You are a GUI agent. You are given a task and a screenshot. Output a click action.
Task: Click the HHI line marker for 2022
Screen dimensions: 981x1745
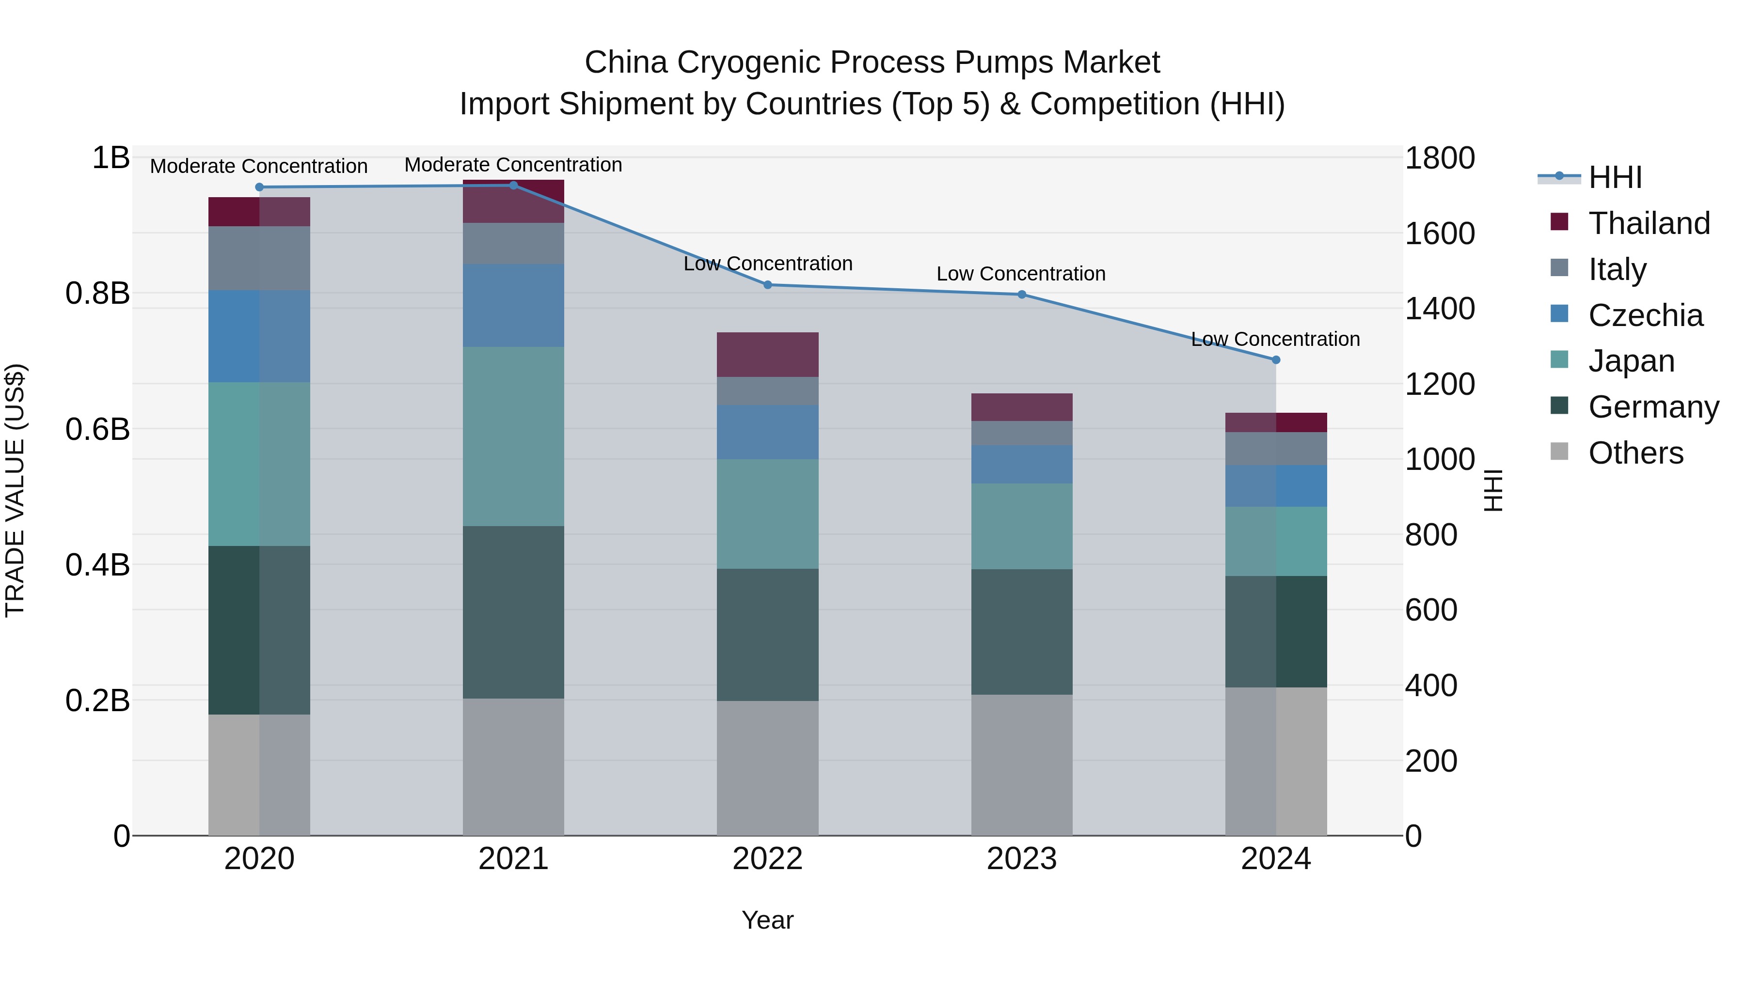pyautogui.click(x=767, y=285)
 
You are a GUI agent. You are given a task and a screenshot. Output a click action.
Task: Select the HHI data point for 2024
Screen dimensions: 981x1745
pyautogui.click(x=1276, y=360)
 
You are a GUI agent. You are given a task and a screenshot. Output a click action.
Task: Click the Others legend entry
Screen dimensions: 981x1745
pyautogui.click(x=1635, y=453)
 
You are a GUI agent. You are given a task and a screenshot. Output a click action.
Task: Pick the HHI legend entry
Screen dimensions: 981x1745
pyautogui.click(x=1615, y=177)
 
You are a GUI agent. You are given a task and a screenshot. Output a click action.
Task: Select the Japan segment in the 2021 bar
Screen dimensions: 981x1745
pyautogui.click(x=513, y=436)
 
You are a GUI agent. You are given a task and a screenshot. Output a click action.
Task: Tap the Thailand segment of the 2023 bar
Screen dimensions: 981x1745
pyautogui.click(x=1021, y=407)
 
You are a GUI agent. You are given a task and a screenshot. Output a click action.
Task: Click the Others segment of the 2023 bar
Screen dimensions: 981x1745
pyautogui.click(x=1021, y=764)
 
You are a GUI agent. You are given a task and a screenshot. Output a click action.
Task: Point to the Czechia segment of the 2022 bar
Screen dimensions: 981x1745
pyautogui.click(x=767, y=432)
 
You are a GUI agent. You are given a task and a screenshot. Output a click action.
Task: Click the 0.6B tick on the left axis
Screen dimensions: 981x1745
pyautogui.click(x=97, y=429)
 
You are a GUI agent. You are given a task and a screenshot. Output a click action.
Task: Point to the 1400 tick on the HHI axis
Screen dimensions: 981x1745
pyautogui.click(x=1440, y=309)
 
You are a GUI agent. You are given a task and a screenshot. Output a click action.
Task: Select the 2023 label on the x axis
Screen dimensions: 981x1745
pyautogui.click(x=1021, y=859)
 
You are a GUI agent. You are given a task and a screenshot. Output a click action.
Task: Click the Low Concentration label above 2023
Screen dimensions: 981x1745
pyautogui.click(x=1021, y=274)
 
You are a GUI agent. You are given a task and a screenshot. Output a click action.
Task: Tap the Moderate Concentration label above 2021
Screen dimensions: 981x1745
pyautogui.click(x=513, y=165)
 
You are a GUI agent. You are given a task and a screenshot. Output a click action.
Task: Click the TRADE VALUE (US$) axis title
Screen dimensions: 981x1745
pyautogui.click(x=15, y=490)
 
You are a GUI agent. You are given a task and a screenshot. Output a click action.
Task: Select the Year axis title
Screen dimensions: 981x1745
pyautogui.click(x=767, y=920)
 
